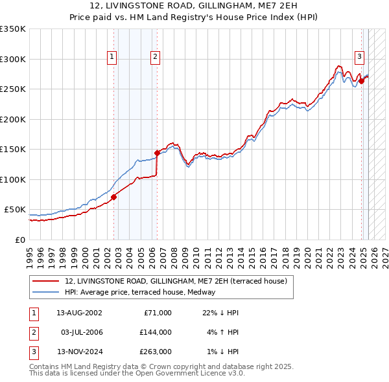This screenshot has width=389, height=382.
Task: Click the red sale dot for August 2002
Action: tap(113, 197)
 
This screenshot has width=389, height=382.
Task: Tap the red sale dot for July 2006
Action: tap(156, 153)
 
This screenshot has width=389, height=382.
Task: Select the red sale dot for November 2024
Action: tap(361, 81)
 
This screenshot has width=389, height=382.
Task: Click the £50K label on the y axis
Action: tap(15, 210)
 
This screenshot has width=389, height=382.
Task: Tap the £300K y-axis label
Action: tap(12, 59)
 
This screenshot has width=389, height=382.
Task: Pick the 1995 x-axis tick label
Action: tap(29, 252)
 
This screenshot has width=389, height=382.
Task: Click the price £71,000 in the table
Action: tap(157, 313)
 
